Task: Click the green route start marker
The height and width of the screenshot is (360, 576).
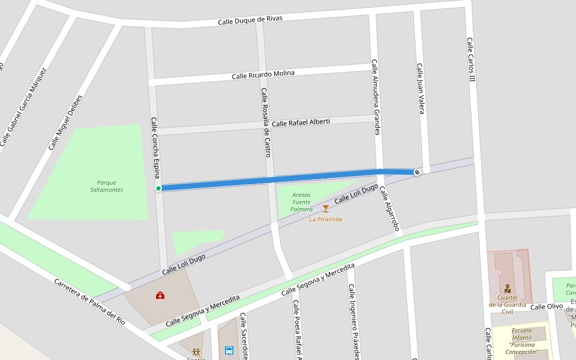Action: coord(158,188)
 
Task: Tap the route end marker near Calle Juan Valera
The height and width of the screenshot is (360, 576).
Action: coord(416,173)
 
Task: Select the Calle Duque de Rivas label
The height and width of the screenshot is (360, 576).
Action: coord(250,20)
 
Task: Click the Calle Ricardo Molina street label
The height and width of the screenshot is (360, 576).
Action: coord(263,74)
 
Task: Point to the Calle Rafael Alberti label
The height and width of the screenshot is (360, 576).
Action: coord(301,122)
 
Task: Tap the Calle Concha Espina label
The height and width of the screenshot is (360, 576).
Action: coord(156,147)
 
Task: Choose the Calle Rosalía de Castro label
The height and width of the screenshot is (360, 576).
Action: coord(265,122)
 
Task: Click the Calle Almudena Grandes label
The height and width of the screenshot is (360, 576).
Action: coord(376,97)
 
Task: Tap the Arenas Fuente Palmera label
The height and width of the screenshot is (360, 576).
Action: coord(302,202)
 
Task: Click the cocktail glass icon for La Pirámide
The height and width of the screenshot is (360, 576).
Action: coord(326,209)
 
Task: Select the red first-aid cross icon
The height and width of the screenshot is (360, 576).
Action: coord(160,295)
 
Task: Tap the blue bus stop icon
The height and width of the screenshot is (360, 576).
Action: coord(229,350)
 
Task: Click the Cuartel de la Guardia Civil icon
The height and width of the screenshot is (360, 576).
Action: coord(508,289)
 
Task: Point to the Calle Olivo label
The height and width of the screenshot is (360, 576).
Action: coord(547,307)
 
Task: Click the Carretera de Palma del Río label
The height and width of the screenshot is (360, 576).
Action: coord(89,301)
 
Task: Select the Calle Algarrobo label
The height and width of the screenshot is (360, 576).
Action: coord(389,208)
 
